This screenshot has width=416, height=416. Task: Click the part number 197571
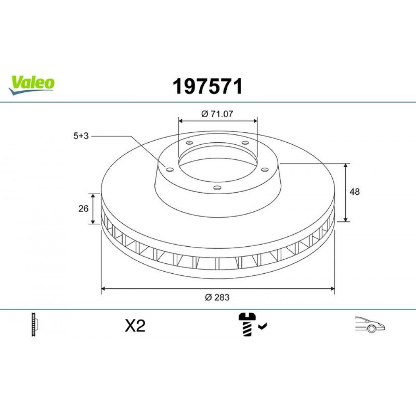[208, 87]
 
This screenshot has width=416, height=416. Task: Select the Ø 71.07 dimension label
[217, 114]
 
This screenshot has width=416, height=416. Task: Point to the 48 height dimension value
[355, 192]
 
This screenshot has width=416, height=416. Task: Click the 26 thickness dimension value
[83, 208]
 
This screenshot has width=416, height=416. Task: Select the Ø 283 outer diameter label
[217, 297]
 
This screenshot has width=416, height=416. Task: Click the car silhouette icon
[369, 324]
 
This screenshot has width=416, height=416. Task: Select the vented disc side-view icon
[35, 325]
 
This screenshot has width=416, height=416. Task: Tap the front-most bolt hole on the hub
[216, 188]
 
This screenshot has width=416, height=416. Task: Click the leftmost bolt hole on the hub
[169, 169]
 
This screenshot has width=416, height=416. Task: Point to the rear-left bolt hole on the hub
[189, 143]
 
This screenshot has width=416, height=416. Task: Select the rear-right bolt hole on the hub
[245, 143]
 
